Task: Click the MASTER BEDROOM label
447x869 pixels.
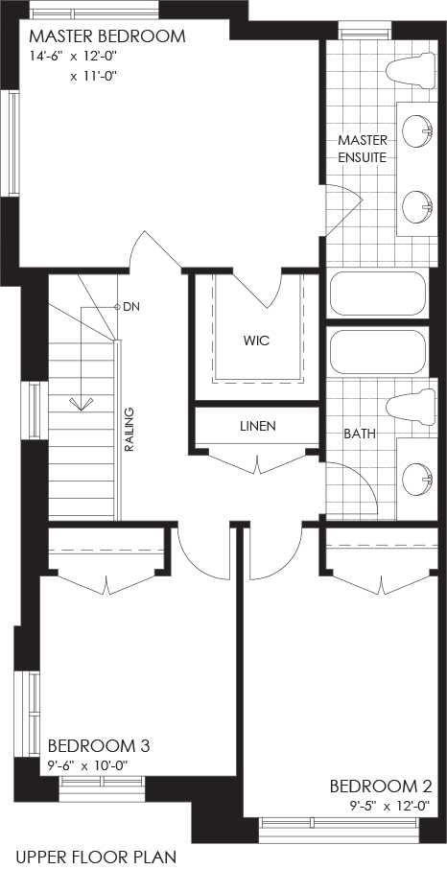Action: click(107, 36)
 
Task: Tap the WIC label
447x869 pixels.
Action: click(256, 341)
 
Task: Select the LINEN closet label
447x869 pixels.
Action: click(258, 426)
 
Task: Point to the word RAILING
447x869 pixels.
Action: click(129, 430)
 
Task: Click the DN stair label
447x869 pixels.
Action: click(130, 306)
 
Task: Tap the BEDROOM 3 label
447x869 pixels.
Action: click(99, 745)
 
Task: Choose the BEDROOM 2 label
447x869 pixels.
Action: click(381, 787)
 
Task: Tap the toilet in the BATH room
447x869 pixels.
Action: click(411, 407)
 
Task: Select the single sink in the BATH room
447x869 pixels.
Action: click(417, 480)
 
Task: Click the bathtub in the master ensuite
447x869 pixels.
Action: click(378, 294)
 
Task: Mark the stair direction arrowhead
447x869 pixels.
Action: click(82, 404)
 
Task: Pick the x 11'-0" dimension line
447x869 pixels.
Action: click(95, 77)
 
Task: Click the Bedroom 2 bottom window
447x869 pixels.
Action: click(339, 823)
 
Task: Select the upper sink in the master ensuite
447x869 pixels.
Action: click(417, 131)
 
